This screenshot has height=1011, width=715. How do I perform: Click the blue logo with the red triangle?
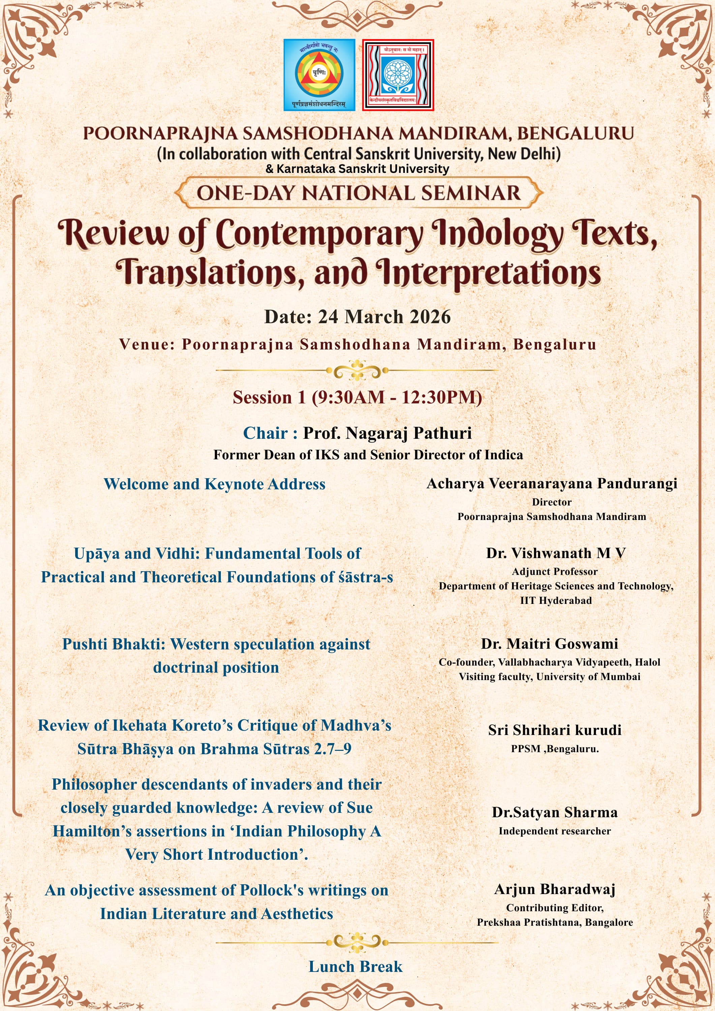(x=319, y=74)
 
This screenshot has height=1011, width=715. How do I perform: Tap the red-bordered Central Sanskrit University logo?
(x=398, y=74)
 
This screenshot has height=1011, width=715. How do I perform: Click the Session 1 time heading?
(x=357, y=397)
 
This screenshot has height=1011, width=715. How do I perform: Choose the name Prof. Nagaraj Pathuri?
(x=387, y=433)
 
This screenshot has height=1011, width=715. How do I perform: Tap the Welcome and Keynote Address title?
(x=214, y=484)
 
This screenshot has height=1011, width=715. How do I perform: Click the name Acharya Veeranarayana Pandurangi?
(x=552, y=484)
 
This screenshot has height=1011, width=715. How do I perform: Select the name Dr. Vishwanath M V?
(x=556, y=553)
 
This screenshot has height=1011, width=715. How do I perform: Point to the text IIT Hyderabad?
(x=556, y=601)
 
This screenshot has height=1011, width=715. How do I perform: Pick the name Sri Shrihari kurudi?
(x=555, y=730)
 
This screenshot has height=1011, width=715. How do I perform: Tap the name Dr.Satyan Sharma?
(x=555, y=813)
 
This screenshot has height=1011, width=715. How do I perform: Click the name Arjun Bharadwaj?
(x=555, y=889)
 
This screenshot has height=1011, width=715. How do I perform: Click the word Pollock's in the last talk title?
(x=272, y=890)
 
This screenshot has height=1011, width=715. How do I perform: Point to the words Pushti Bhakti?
(x=114, y=644)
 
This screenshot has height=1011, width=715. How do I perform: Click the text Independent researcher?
(x=555, y=831)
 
